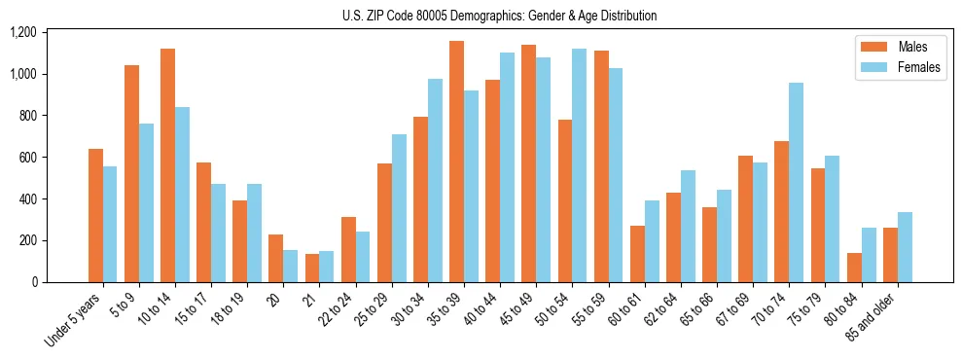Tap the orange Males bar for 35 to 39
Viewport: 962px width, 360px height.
coord(456,162)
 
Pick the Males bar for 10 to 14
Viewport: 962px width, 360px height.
coord(167,165)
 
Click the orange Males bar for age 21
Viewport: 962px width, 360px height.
coord(312,268)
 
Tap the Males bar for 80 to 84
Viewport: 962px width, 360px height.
coord(854,268)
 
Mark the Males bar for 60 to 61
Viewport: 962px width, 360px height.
coord(637,254)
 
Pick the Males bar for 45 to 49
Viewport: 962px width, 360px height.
coord(528,163)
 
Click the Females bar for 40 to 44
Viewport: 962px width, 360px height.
coord(507,167)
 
